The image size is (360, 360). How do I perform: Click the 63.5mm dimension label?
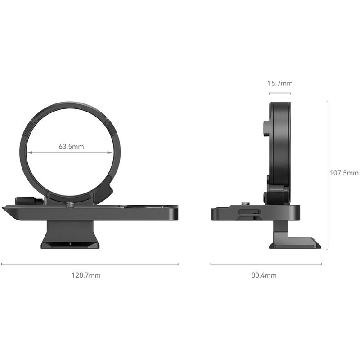[71, 146]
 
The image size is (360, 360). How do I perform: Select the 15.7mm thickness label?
[280, 83]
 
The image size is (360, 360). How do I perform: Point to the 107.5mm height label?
[344, 173]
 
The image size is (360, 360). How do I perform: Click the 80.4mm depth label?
[264, 275]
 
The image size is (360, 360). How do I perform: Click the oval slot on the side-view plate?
[245, 211]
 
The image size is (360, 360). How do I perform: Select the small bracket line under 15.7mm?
[280, 93]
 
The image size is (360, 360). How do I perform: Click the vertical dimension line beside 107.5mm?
[328, 175]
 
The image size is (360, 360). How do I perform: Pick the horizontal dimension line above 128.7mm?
[90, 264]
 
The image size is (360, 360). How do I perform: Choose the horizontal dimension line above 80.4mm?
[266, 264]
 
